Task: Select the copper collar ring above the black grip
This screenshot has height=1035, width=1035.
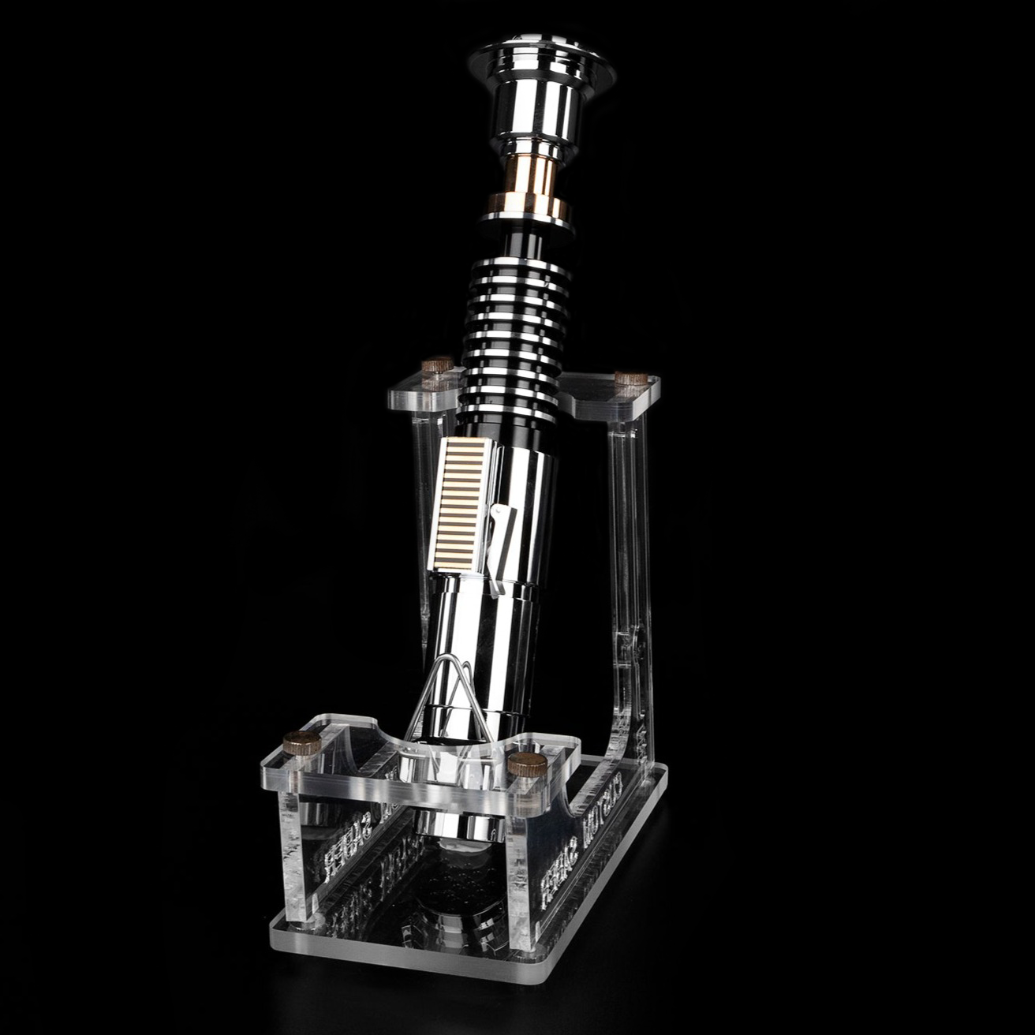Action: coord(526,207)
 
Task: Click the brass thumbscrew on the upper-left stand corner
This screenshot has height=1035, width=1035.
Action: coord(437,366)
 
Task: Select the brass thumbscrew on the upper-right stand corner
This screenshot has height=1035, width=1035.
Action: coord(630,378)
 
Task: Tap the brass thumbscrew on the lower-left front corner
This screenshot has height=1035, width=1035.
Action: coord(302,742)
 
